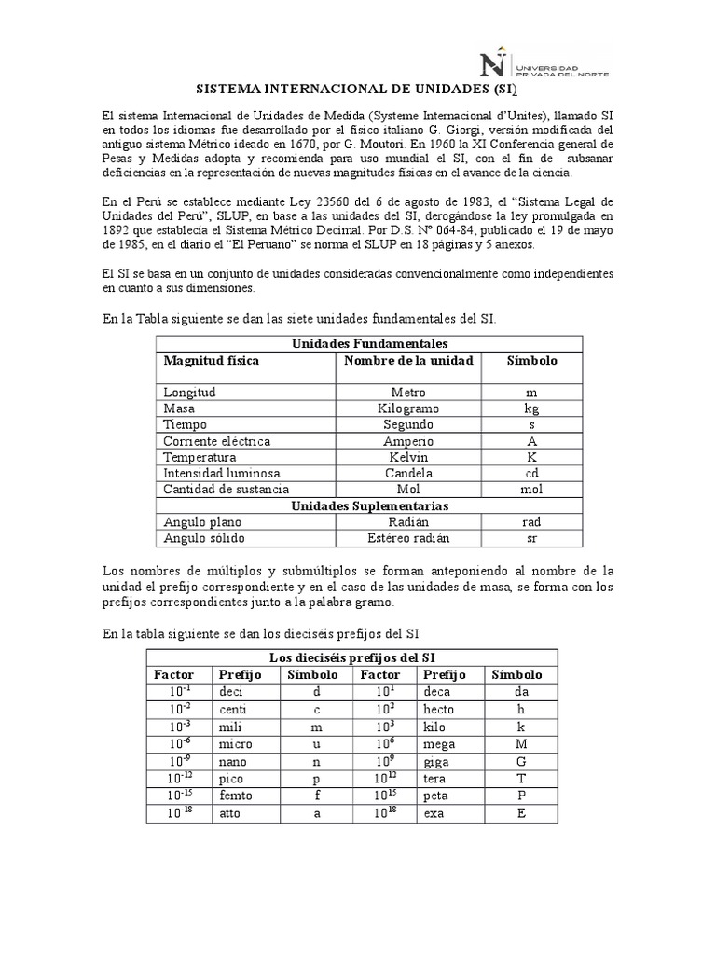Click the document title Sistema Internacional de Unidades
(357, 91)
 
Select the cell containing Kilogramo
(408, 408)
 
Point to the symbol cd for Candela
(531, 473)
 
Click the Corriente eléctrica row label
(216, 441)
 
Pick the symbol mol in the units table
(531, 489)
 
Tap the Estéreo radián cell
(408, 538)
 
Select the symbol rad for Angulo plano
(531, 522)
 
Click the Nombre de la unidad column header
(408, 361)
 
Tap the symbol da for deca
(521, 692)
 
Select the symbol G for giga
(521, 760)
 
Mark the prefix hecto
(440, 709)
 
